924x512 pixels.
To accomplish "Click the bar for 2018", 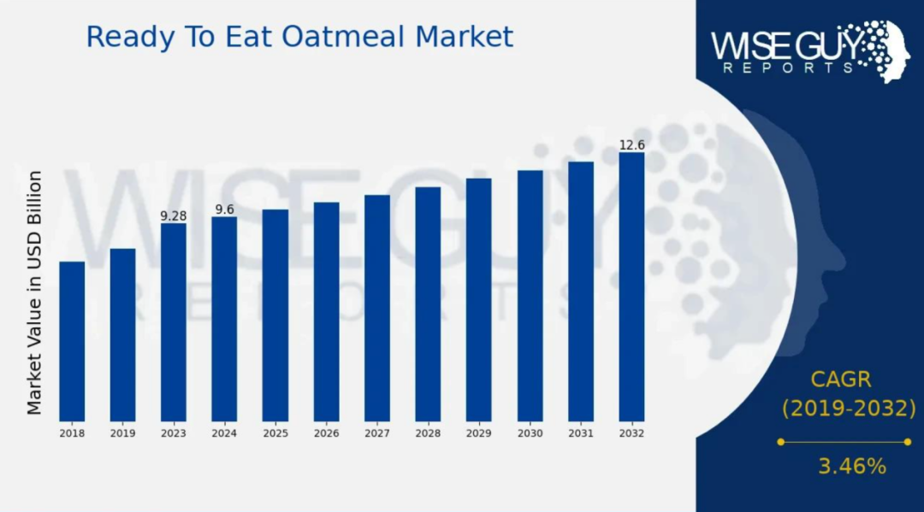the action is (x=72, y=341).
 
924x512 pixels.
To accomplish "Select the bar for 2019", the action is (x=122, y=335).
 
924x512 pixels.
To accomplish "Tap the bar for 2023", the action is (x=173, y=322).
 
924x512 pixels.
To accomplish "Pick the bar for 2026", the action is (x=327, y=312).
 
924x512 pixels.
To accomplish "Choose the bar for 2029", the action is (x=478, y=300).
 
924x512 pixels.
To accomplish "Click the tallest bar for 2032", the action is (x=631, y=287).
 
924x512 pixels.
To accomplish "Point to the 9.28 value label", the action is (x=173, y=216).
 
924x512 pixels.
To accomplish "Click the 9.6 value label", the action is (x=224, y=209).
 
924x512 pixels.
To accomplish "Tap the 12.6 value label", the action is (x=631, y=144).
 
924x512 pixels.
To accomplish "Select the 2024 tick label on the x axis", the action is (x=224, y=433).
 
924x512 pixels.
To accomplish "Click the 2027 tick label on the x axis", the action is (x=377, y=433).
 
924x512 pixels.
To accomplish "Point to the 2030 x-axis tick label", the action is (x=530, y=433).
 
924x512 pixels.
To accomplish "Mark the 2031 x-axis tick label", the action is (x=581, y=433).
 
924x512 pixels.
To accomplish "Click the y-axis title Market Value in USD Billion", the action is (x=35, y=292).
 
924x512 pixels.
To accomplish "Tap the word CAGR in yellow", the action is (x=841, y=380).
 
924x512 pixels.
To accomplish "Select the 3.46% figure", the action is (x=852, y=467).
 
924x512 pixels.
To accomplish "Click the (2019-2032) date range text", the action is (x=850, y=408).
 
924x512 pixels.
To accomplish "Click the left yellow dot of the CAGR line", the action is (x=781, y=442).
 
